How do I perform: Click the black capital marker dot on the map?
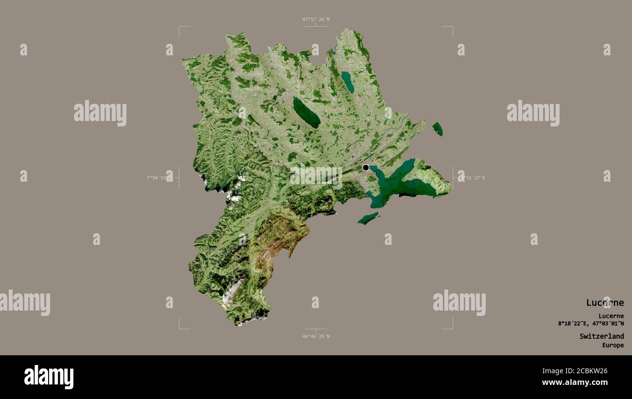coord(366,168)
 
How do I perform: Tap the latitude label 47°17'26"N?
coord(316,19)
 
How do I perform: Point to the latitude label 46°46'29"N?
coord(316,336)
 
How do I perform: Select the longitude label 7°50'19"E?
coord(159,178)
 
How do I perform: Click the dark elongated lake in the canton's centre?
coord(306,113)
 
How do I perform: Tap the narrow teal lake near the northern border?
coord(347,82)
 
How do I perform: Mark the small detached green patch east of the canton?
coord(438,129)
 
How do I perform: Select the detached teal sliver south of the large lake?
coord(368,218)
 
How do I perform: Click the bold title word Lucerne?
coord(604,303)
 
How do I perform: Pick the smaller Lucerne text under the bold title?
coord(611,316)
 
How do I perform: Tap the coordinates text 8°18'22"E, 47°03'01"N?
coord(591,324)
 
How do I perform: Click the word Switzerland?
coord(601,336)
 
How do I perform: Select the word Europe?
coord(613,346)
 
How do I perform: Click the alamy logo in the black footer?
coord(49,377)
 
